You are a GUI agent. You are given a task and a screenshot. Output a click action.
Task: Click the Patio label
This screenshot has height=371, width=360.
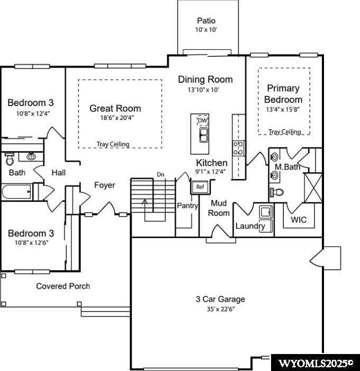point(206,21)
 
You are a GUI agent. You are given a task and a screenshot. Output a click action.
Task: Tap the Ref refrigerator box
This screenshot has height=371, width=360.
point(200,187)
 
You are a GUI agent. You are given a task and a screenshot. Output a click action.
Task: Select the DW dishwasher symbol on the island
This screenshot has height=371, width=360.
point(202,121)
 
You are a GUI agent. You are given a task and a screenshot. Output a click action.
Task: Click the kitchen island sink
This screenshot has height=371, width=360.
point(203,135)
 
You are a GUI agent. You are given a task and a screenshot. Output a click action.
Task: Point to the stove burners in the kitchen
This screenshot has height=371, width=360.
point(238,148)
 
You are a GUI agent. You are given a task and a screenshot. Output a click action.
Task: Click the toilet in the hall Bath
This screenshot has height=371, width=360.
point(10,159)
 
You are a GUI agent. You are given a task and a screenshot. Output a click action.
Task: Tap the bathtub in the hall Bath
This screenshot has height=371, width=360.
point(16,192)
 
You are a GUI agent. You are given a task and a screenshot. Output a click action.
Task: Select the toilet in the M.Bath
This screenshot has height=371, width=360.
point(276,192)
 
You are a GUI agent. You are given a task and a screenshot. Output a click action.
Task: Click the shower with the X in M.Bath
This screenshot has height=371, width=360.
point(313,188)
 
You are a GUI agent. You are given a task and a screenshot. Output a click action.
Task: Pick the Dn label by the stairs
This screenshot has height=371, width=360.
point(160,174)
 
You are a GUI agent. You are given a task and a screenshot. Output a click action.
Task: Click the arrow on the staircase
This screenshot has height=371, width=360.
point(145,206)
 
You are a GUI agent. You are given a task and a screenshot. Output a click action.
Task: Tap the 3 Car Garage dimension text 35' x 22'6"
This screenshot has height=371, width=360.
point(220,309)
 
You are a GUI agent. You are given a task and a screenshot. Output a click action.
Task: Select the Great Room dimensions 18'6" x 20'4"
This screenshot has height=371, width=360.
point(117,118)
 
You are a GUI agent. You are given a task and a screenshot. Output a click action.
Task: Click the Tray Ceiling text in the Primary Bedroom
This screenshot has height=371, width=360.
point(285,132)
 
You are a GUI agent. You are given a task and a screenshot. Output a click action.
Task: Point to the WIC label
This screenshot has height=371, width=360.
point(299,219)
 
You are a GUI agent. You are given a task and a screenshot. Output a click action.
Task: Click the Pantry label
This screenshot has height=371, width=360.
point(187,206)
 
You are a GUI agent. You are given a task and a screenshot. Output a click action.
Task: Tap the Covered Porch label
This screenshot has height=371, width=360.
point(63,286)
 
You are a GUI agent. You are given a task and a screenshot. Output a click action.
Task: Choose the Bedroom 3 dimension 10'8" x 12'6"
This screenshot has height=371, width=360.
point(31,243)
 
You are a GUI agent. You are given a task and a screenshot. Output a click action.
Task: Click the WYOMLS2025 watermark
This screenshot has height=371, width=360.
point(316,363)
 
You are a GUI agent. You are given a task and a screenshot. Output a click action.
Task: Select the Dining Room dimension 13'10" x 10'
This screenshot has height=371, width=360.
point(203,90)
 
